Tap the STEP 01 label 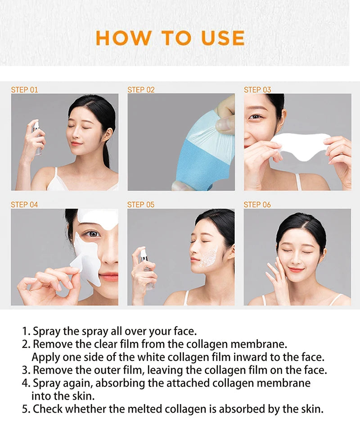pos(24,90)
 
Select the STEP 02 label pos(141,90)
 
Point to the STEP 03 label pos(257,90)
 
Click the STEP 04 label pos(24,205)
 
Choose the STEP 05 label pos(141,205)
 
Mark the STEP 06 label pos(257,205)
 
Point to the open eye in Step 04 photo pos(92,234)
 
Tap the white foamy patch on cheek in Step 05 pos(208,258)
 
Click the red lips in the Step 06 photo pos(296,270)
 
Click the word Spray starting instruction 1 pos(47,331)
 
